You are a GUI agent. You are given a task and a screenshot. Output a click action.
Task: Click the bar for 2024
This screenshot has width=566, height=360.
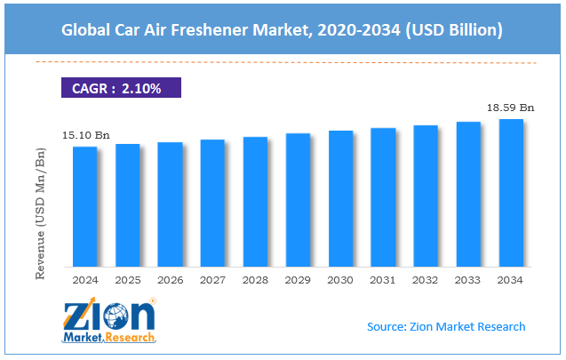point(85,206)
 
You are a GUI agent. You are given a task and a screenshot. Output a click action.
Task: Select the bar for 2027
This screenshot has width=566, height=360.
point(212,203)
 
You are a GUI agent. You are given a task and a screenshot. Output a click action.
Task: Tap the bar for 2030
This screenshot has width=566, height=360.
point(340,198)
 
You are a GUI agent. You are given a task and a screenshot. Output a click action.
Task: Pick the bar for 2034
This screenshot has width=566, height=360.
point(511,193)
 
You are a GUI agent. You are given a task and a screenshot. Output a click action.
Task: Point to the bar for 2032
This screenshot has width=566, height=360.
point(426,196)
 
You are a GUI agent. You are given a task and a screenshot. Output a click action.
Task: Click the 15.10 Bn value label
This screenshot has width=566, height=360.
point(86,135)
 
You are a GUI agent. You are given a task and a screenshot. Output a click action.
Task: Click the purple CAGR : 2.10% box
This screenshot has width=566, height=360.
point(121,88)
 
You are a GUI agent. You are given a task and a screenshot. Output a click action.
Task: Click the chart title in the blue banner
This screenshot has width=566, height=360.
point(283,30)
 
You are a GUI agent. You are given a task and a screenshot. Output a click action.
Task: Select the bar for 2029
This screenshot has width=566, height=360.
point(298,200)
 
